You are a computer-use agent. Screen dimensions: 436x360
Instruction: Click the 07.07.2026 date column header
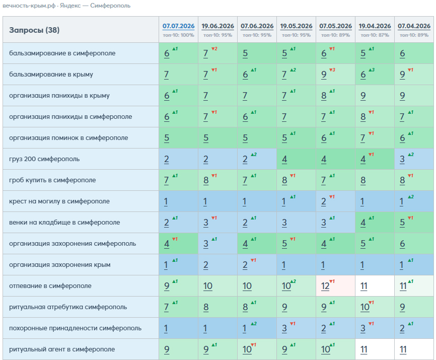tap(179, 26)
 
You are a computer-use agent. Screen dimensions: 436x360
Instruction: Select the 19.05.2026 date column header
tap(296, 26)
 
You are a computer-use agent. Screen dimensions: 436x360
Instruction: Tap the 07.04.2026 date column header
tap(414, 26)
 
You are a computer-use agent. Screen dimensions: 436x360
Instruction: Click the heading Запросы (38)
tap(34, 30)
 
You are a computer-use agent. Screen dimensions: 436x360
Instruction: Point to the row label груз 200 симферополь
tap(44, 159)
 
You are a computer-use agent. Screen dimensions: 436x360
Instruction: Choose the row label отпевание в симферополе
tap(50, 286)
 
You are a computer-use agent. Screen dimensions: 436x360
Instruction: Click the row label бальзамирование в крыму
tap(51, 75)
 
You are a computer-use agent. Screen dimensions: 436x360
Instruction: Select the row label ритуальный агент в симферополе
tap(62, 349)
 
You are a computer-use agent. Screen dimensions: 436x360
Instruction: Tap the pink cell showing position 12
tap(335, 286)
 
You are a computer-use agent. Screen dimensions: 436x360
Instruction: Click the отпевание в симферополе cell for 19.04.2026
tap(375, 286)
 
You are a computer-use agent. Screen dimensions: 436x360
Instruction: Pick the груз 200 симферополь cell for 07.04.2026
tap(414, 159)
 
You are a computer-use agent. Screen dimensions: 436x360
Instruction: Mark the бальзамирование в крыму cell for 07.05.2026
tap(335, 75)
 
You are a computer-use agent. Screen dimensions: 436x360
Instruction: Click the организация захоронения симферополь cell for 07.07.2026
tap(179, 244)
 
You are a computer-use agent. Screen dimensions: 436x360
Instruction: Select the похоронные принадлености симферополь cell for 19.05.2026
tap(296, 328)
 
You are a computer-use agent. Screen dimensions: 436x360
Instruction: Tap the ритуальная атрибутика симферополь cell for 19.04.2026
tap(375, 307)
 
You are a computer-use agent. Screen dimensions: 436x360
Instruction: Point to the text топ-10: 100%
tap(179, 35)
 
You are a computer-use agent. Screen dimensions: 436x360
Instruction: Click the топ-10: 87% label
tap(375, 35)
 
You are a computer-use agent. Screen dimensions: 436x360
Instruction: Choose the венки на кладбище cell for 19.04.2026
tap(375, 223)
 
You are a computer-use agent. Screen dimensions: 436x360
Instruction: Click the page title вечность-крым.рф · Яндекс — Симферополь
tap(66, 6)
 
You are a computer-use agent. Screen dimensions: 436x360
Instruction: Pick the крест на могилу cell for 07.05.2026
tap(335, 201)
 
